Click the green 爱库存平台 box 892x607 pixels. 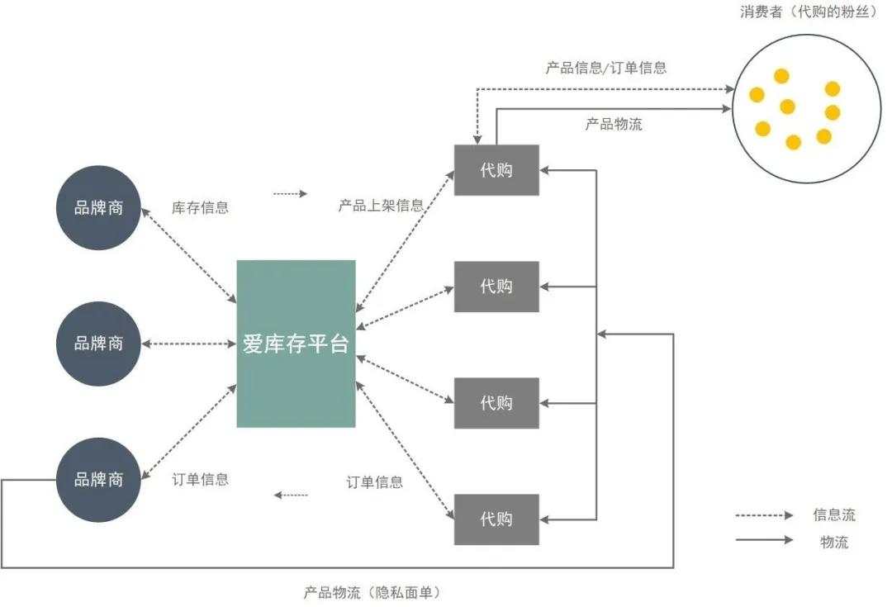point(296,344)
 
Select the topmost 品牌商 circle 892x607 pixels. point(98,208)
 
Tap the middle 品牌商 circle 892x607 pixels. point(98,344)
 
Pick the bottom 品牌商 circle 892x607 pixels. point(98,480)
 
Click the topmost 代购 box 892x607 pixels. point(496,170)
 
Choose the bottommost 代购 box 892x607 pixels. point(496,519)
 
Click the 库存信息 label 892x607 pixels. point(200,208)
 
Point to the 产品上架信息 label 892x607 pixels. point(381,206)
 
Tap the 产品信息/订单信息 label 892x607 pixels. point(606,69)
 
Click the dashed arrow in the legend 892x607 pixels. point(764,515)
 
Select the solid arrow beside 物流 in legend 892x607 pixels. point(764,542)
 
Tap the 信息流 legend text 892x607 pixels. point(834,515)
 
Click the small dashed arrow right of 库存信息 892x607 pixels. point(290,194)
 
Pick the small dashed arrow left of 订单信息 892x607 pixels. point(291,496)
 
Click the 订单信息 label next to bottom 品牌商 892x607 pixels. point(200,480)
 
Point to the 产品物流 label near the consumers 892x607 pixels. point(614,125)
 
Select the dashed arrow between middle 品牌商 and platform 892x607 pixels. point(189,344)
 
